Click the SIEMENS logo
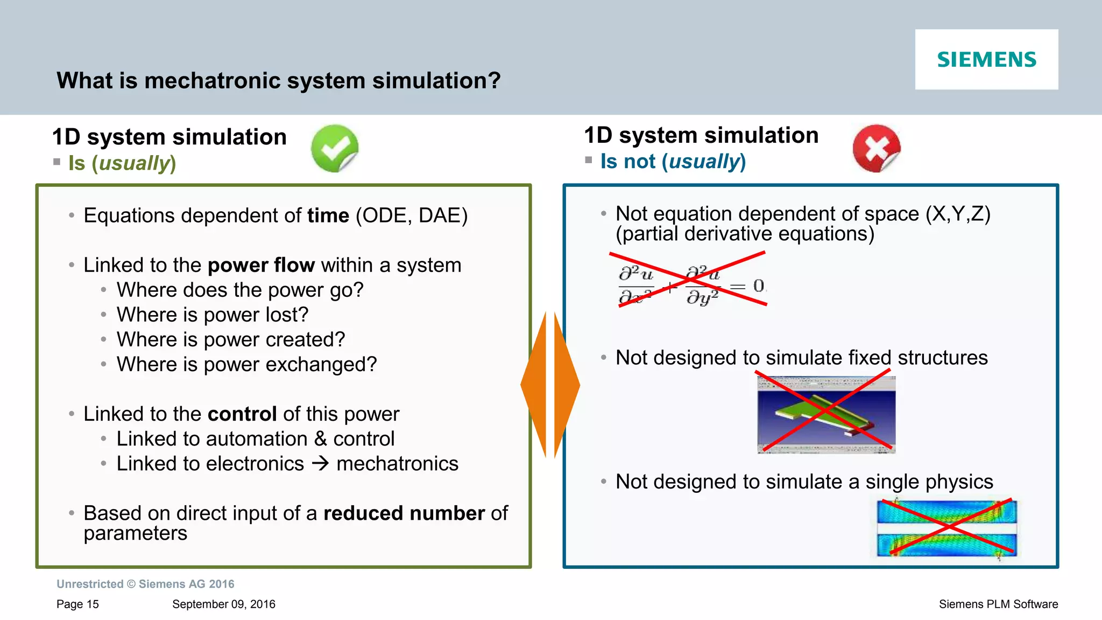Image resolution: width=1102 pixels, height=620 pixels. pos(986,59)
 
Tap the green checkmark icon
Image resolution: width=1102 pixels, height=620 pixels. pos(335,148)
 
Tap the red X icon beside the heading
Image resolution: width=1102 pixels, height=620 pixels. pos(877,148)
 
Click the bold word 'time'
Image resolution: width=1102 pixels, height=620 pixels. pos(328,215)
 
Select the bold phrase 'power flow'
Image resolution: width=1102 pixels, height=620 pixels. pos(261,265)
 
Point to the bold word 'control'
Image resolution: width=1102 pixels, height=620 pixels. pos(242,414)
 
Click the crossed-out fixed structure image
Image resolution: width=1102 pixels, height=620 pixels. pos(826,414)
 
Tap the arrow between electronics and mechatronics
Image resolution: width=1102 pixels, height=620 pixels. pos(320,463)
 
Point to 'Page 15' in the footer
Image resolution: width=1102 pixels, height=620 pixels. pos(77,604)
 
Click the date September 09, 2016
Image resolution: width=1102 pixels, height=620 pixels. pos(223,604)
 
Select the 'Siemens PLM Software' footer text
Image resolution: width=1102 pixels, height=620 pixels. pos(998,604)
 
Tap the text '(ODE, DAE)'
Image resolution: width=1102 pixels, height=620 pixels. pos(412,215)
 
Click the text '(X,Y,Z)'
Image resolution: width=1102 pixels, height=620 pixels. pos(958,214)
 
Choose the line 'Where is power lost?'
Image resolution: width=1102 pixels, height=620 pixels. pos(213,315)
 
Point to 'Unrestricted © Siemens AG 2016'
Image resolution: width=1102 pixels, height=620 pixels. pos(145,584)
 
